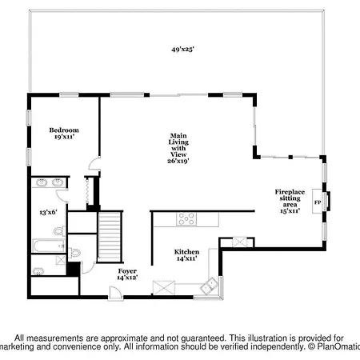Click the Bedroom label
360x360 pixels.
coord(64,130)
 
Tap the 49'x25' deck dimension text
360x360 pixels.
coord(182,50)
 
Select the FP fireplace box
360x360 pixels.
coord(318,202)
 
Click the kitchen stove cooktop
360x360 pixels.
coord(186,218)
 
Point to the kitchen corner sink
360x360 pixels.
coord(209,286)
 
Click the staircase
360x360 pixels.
coord(110,237)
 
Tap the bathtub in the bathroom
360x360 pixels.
coord(49,246)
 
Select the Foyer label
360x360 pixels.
coord(127,271)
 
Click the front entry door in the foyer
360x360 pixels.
coord(115,294)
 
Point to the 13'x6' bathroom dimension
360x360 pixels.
coord(48,212)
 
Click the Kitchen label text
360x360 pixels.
coord(186,252)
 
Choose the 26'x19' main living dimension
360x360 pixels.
coord(178,161)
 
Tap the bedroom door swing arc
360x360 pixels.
coord(94,163)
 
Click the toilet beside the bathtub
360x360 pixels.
coord(59,231)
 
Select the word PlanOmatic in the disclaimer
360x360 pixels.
coord(338,346)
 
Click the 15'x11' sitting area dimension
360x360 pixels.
coord(290,210)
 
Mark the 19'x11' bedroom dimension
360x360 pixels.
coord(64,137)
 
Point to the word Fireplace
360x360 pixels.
coord(290,192)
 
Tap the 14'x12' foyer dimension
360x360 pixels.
coord(127,278)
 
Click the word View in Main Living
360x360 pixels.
coord(178,154)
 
